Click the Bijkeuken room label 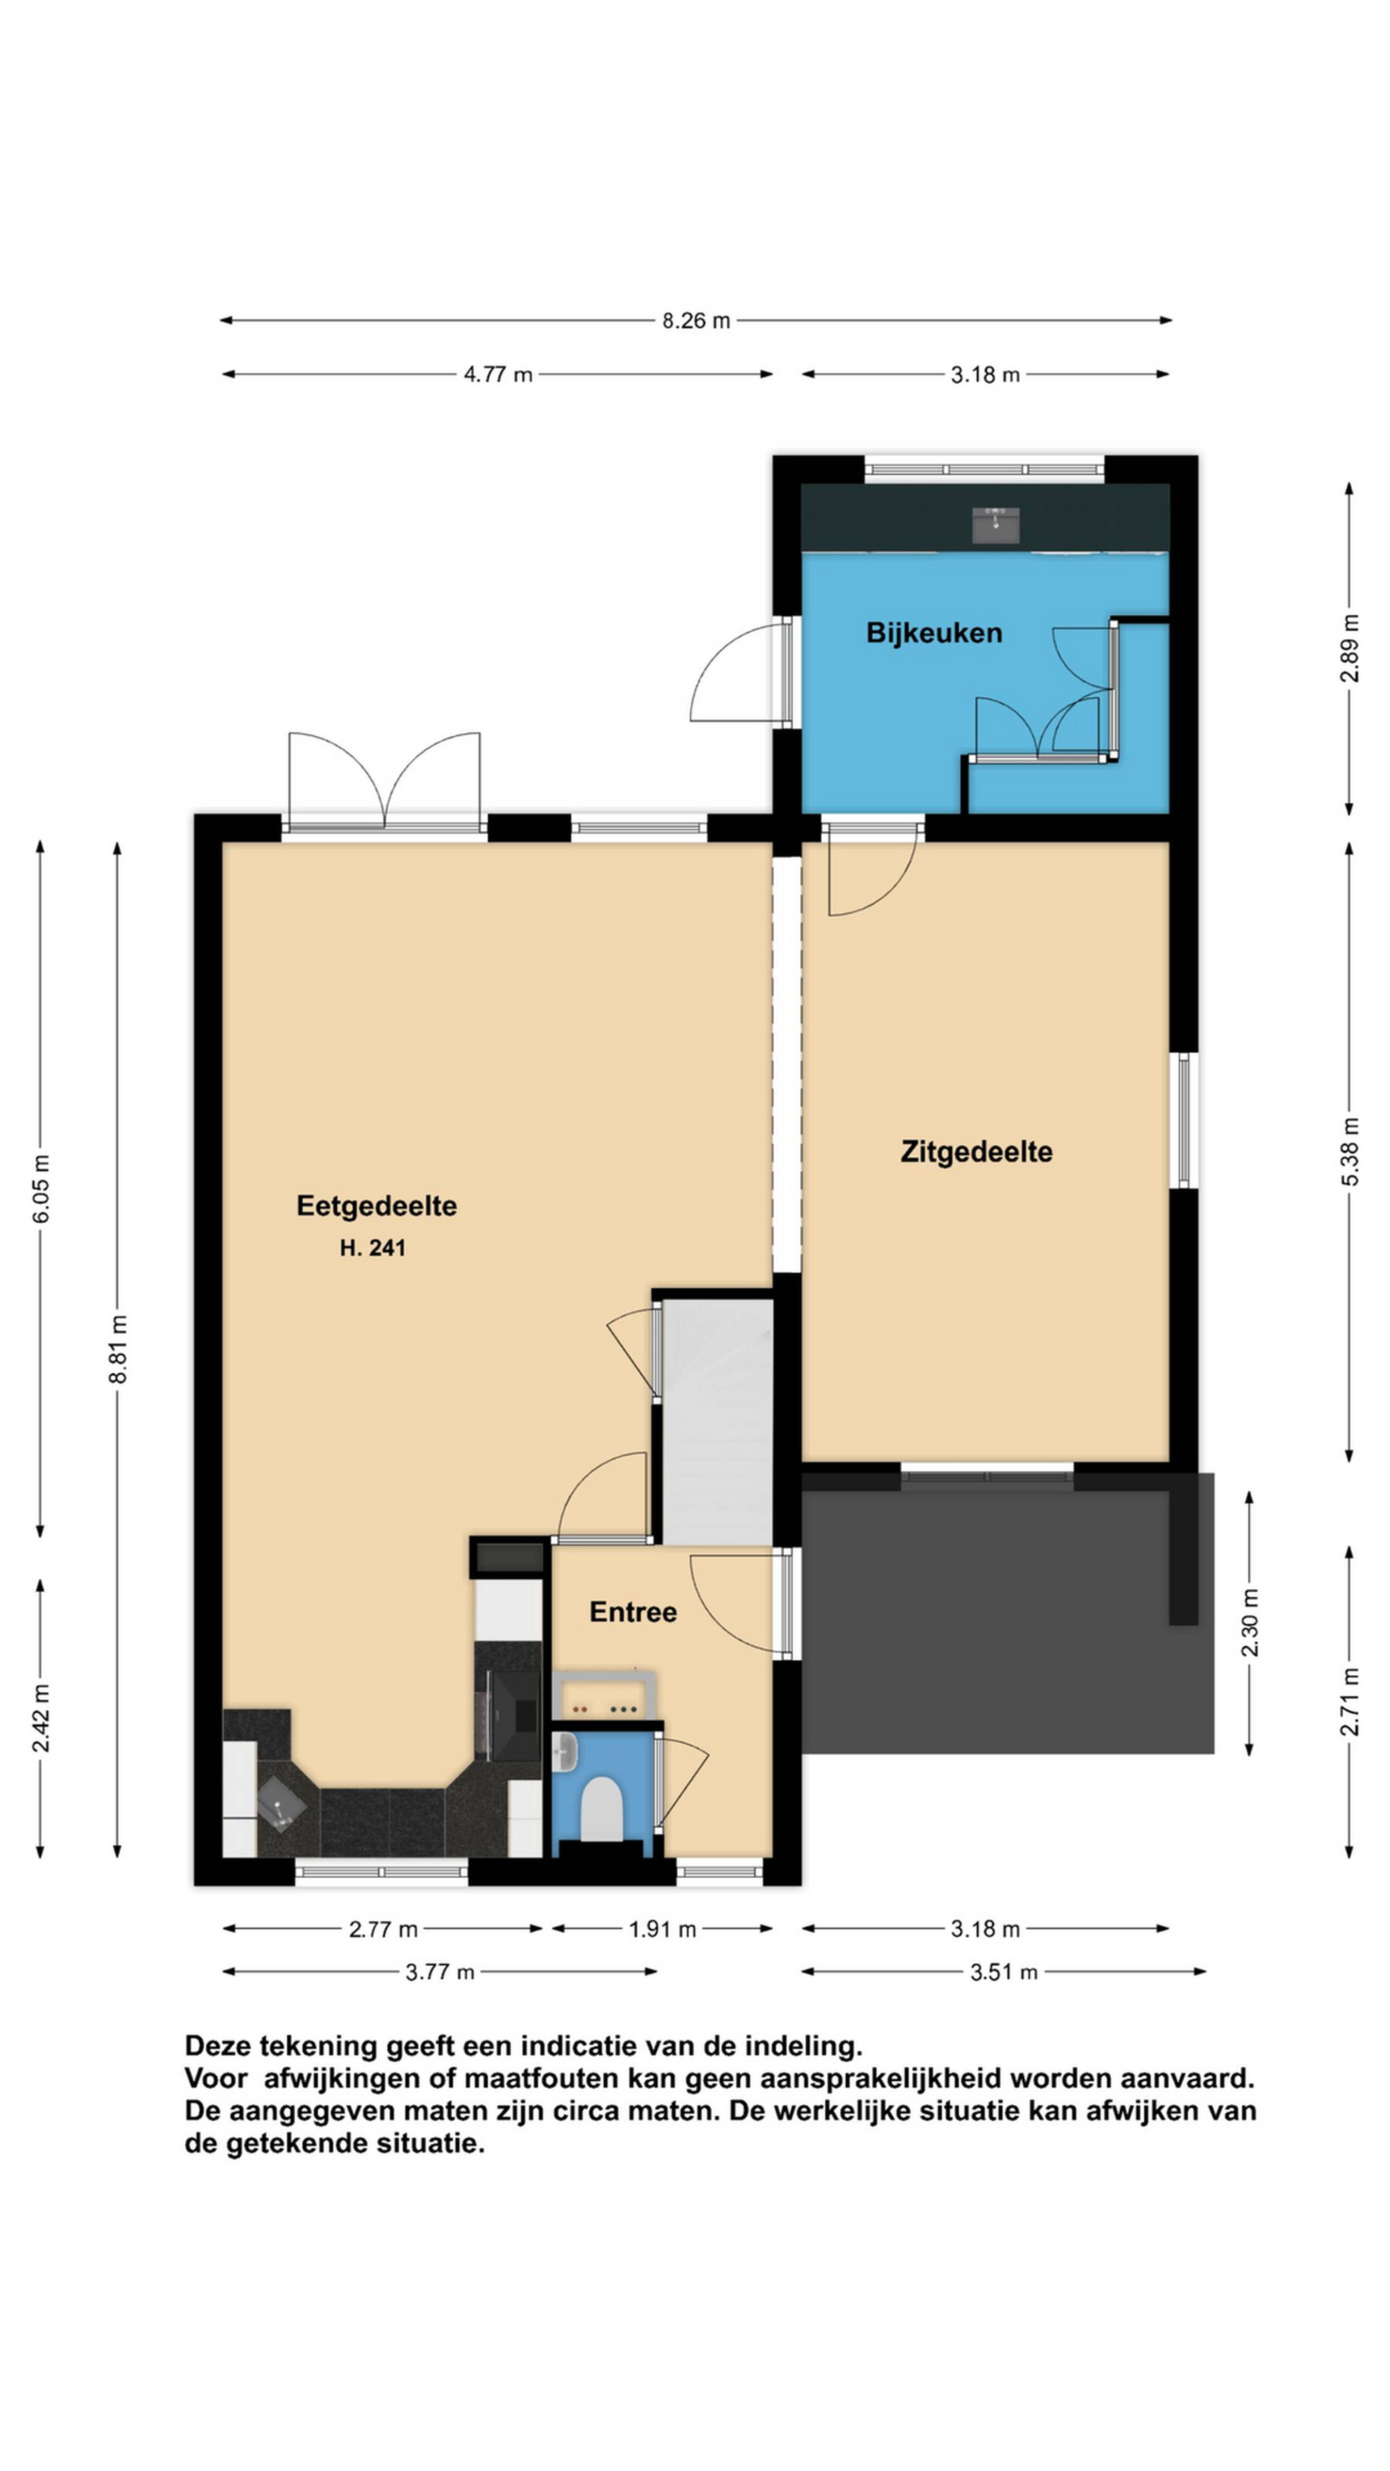[x=934, y=633]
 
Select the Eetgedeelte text [x=376, y=1206]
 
